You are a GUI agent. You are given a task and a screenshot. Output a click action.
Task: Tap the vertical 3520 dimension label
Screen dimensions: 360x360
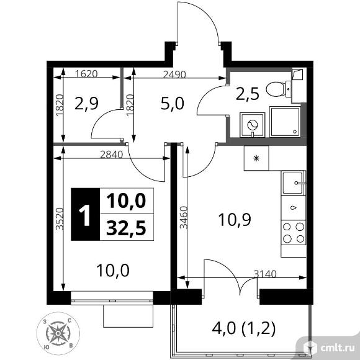58,218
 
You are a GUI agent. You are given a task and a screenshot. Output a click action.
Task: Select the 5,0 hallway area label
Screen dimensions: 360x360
172,104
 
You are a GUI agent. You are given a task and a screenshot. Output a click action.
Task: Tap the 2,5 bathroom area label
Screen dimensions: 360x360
246,94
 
